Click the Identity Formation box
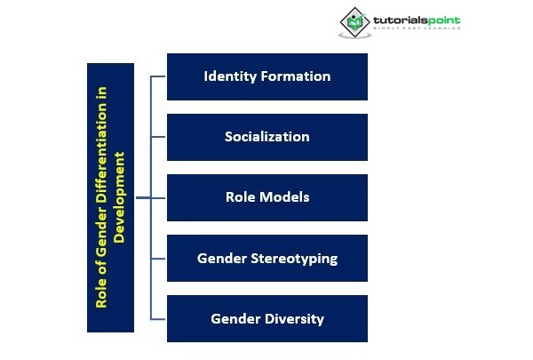pyautogui.click(x=266, y=76)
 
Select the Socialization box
pyautogui.click(x=266, y=137)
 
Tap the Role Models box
pyautogui.click(x=266, y=197)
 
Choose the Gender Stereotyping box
pyautogui.click(x=266, y=259)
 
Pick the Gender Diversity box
pyautogui.click(x=266, y=318)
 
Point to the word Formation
pyautogui.click(x=297, y=76)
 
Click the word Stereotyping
pyautogui.click(x=292, y=259)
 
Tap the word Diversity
pyautogui.click(x=294, y=318)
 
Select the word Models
pyautogui.click(x=283, y=197)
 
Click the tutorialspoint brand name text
pyautogui.click(x=417, y=19)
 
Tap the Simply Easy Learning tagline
pyautogui.click(x=417, y=28)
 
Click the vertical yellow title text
pyautogui.click(x=110, y=197)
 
